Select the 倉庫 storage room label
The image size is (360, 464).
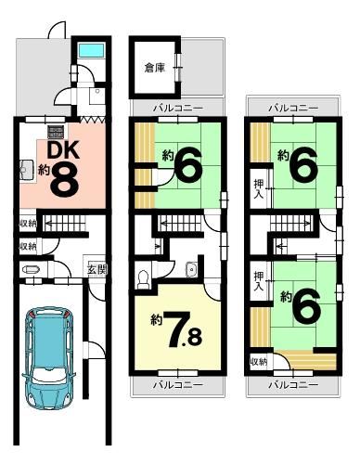(x=155, y=68)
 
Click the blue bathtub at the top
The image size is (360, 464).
(x=91, y=50)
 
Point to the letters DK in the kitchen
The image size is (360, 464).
(x=63, y=149)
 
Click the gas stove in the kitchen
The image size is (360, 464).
(x=56, y=132)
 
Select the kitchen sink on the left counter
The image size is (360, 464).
(x=27, y=170)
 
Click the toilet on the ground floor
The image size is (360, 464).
(x=31, y=270)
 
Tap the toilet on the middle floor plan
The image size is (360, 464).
(x=143, y=279)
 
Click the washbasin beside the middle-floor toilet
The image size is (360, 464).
(x=192, y=269)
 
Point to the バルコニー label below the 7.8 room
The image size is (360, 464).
(x=178, y=385)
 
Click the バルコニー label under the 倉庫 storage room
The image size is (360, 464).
(x=178, y=109)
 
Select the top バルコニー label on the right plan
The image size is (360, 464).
(x=293, y=108)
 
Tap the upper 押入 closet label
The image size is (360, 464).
(x=259, y=189)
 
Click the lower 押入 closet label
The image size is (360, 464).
(x=259, y=281)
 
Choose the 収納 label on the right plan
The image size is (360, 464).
(x=259, y=362)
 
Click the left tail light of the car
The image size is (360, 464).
(x=32, y=315)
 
